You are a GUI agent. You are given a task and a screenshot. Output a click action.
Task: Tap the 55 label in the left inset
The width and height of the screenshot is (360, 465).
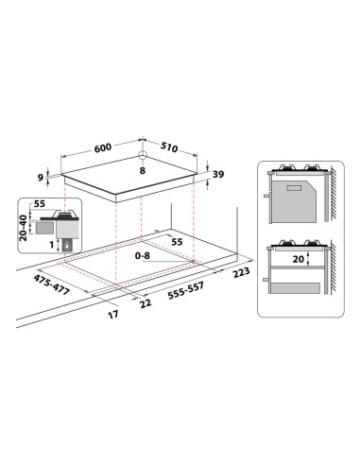click(x=41, y=203)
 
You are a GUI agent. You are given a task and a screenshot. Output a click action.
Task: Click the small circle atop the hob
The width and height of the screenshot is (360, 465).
click(x=141, y=156)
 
